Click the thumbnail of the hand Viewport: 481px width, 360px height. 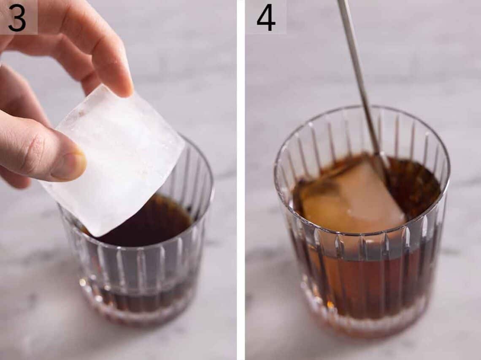[x=70, y=166]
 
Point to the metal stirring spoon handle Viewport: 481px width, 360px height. [x=357, y=63]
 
